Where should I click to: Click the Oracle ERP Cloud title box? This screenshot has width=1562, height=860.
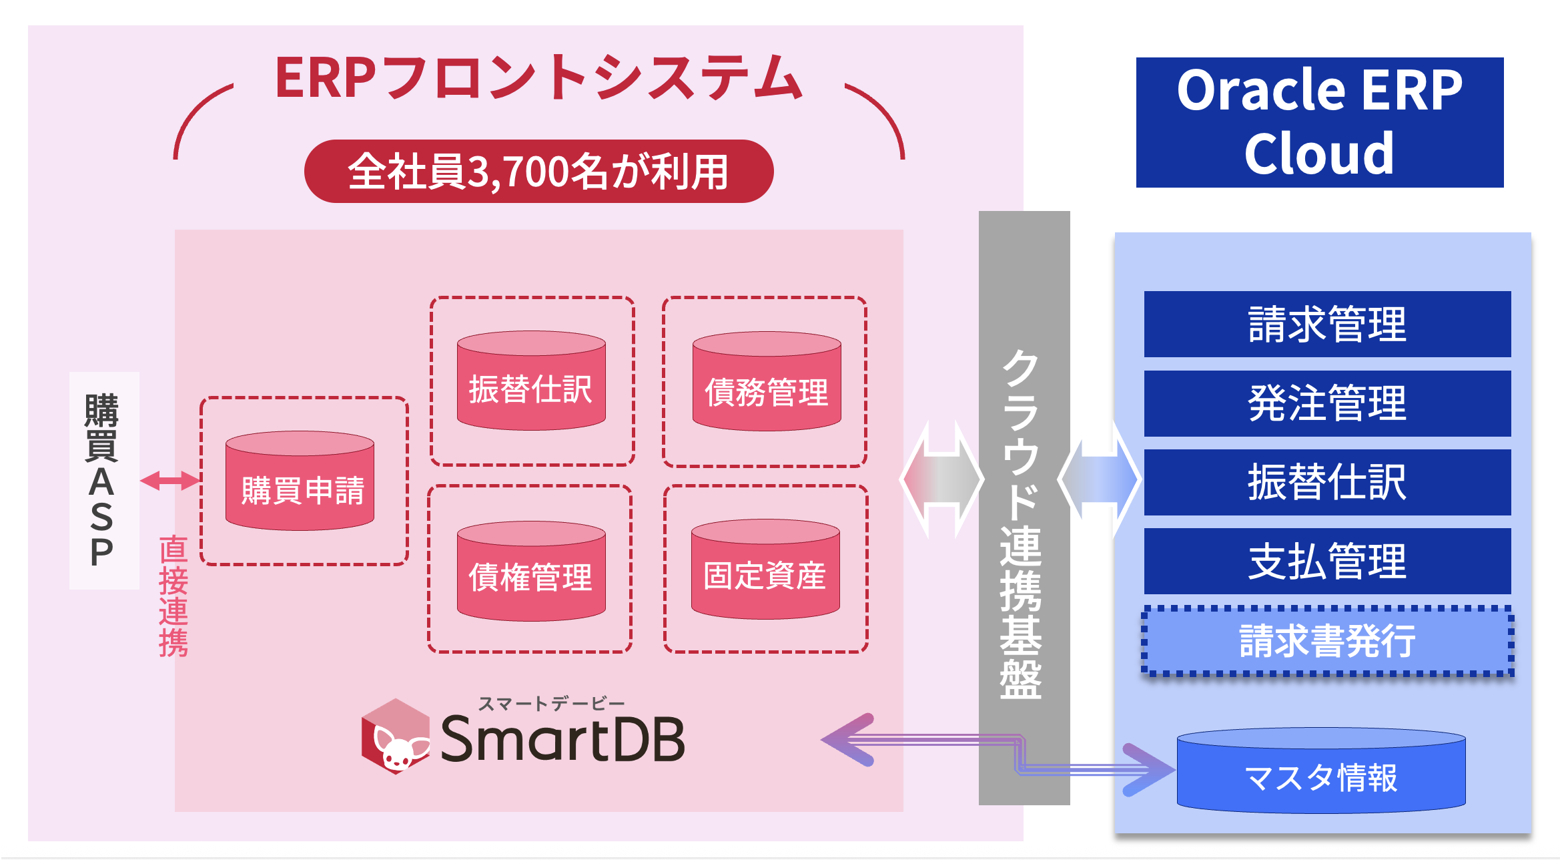pos(1319,122)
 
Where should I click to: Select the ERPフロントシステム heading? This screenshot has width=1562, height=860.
pos(538,78)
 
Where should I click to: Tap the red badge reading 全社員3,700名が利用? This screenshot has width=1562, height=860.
pos(538,172)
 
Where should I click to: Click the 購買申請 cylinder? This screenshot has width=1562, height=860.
pos(300,482)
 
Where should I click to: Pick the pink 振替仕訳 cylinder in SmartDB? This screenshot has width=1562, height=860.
pos(531,382)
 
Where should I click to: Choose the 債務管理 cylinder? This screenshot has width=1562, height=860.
pos(767,383)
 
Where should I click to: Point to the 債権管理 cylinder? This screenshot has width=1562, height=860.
pos(531,572)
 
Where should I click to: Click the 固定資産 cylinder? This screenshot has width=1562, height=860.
pos(765,571)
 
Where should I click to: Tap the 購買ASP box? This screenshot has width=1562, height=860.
pos(103,480)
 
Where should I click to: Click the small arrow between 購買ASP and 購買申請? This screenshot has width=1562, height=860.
pos(169,480)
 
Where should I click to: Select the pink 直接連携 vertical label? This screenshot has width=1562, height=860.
pos(173,596)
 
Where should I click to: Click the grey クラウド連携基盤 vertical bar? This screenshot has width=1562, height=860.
pos(1023,507)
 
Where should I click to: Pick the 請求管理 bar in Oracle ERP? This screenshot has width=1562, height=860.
pos(1326,325)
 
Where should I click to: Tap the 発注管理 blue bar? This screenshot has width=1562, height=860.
pos(1326,403)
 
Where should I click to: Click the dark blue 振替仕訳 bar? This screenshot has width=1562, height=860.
pos(1326,482)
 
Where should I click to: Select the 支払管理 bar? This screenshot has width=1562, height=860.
pos(1326,561)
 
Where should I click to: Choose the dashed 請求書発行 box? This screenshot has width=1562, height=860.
pos(1326,641)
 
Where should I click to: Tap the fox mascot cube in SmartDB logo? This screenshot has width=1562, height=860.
pos(396,736)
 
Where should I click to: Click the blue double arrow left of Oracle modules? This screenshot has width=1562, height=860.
pos(1099,479)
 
